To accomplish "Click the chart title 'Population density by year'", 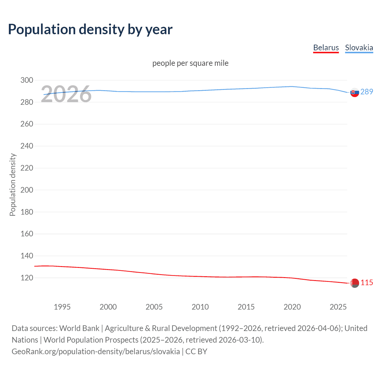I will tap(90, 29).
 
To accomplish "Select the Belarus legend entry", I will tap(326, 48).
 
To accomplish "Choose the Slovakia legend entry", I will tap(359, 48).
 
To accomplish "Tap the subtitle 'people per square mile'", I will tap(190, 63).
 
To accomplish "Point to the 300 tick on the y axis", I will tap(27, 80).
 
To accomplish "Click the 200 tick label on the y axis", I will tap(27, 190).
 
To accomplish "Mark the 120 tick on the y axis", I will tap(27, 278).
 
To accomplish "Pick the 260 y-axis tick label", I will tap(27, 124).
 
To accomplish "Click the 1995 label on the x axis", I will tap(62, 307).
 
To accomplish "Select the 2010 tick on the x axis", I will tap(200, 307).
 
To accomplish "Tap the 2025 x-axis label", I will tap(338, 307).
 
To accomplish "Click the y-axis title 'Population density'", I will tap(13, 185).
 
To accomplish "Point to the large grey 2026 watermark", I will tap(66, 94).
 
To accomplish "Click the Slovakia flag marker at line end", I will tap(355, 92).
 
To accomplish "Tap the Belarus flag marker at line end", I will tap(355, 283).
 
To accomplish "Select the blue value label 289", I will tap(367, 92).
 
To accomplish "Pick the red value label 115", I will tap(367, 282).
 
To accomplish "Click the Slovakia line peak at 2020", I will tap(292, 87).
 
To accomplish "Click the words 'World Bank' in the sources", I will tap(79, 328).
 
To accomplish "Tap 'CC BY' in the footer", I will tap(196, 352).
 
